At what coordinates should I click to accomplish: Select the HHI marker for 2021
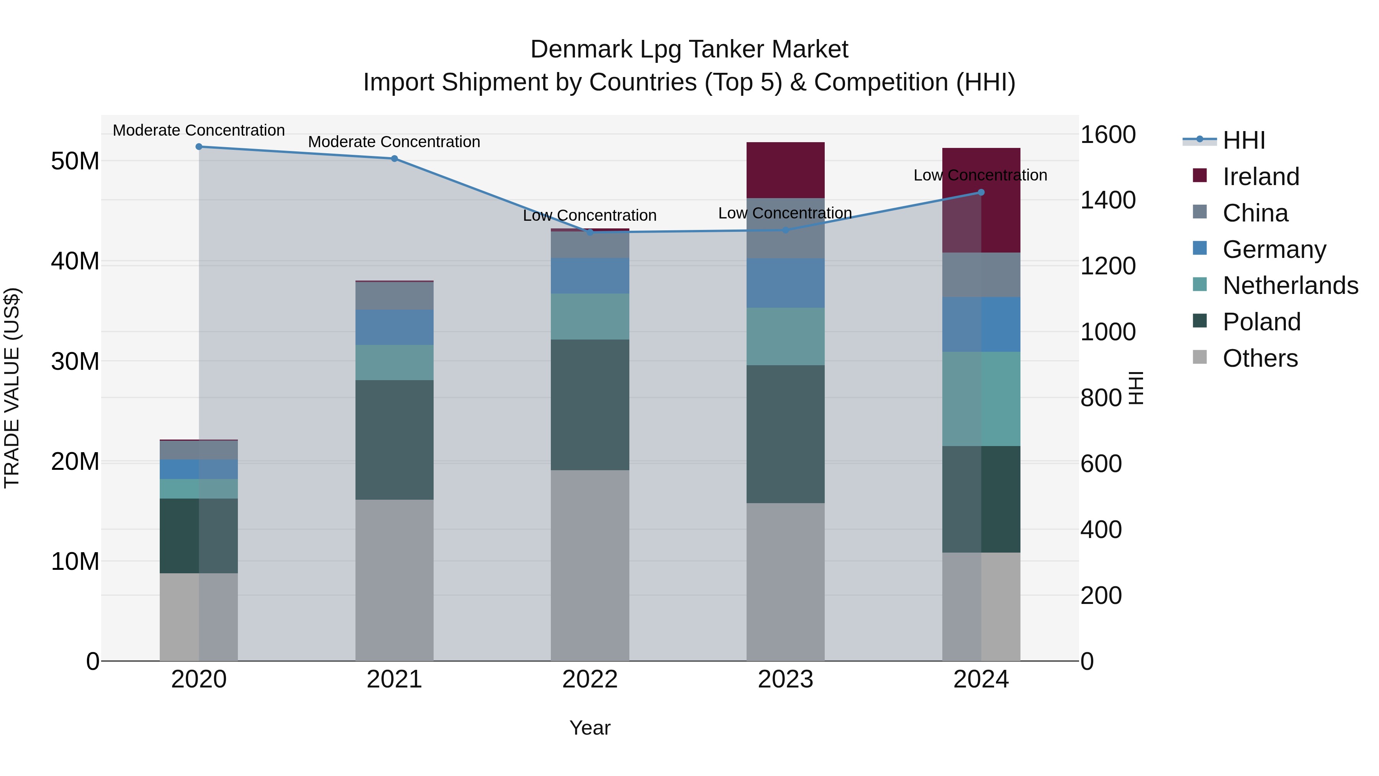point(394,159)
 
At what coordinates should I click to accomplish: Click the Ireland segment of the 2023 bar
point(785,170)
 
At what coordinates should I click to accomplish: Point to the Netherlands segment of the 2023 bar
point(785,336)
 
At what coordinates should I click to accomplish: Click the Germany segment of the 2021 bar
point(394,327)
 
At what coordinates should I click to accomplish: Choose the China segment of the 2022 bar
point(590,245)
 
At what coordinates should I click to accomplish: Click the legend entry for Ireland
point(1260,177)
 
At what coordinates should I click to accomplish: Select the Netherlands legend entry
point(1290,285)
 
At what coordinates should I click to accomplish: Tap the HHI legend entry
point(1243,140)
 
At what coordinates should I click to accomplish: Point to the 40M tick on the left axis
point(75,261)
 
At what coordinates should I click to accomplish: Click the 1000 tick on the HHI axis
point(1107,332)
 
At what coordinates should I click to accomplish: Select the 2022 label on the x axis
point(590,679)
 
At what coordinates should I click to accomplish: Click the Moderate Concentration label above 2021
point(394,142)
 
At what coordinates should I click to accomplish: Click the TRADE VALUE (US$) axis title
point(12,388)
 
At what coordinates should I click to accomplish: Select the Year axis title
point(590,728)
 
